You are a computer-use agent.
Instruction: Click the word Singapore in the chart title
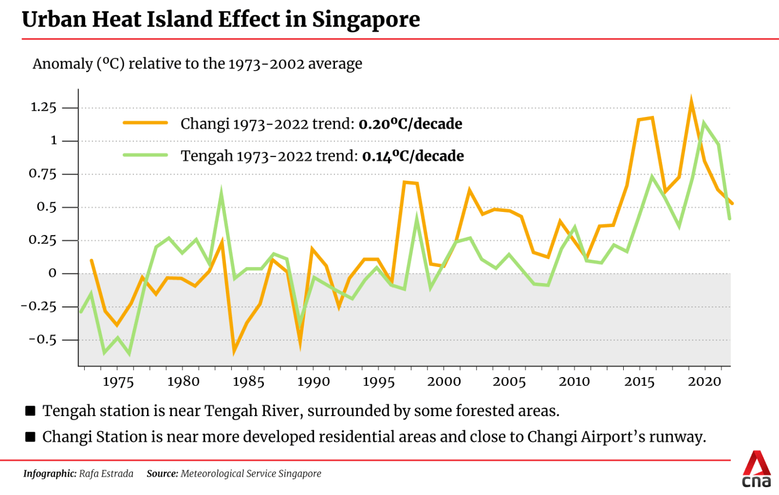[366, 20]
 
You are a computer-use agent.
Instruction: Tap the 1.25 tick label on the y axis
[43, 108]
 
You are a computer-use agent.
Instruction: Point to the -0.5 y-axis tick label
[42, 340]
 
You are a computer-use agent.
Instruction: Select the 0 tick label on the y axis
[52, 273]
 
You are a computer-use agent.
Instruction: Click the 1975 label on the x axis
[118, 382]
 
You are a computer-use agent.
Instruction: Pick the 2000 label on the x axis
[444, 382]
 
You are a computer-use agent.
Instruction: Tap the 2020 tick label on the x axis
[704, 382]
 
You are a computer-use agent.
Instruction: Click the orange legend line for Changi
[145, 123]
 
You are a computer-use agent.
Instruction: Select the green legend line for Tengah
[145, 155]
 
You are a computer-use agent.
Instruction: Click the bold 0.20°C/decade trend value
[410, 124]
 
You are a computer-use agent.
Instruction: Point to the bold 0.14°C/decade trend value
[413, 156]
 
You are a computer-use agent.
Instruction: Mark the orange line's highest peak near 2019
[691, 100]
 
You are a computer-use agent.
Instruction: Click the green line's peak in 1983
[221, 192]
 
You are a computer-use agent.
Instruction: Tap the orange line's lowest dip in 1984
[234, 351]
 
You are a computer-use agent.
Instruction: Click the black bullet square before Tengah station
[31, 411]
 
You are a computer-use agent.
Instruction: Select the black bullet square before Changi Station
[31, 437]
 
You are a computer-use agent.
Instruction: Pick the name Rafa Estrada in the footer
[106, 474]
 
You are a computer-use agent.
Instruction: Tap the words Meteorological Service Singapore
[251, 474]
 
